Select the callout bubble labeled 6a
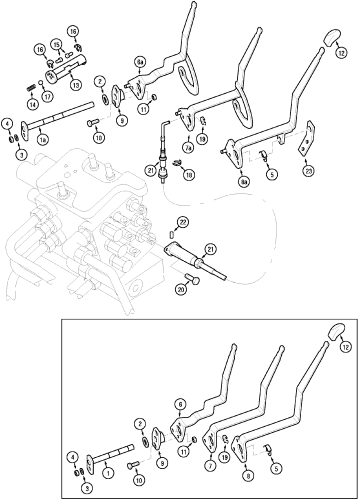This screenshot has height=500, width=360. coord(140,62)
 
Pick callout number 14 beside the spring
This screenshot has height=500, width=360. coord(33,104)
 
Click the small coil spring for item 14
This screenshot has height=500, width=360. coord(29,89)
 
